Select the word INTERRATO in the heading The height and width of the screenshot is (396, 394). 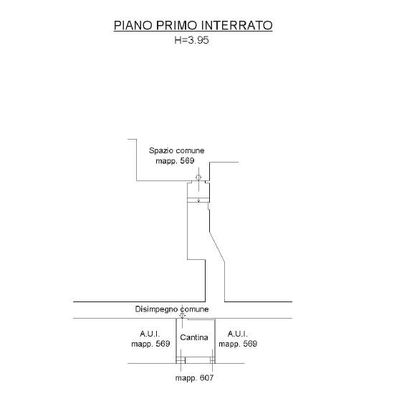(x=237, y=26)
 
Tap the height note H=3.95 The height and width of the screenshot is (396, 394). (x=191, y=40)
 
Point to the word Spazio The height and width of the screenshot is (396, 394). (x=160, y=151)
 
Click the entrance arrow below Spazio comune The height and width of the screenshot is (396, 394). (x=198, y=178)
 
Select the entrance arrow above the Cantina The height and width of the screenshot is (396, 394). (x=182, y=315)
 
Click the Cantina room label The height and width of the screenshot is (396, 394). (x=194, y=337)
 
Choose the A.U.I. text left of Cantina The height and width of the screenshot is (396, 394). (x=150, y=334)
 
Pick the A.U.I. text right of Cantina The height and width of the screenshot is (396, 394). (x=238, y=334)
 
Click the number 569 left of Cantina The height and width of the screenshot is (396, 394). (x=163, y=344)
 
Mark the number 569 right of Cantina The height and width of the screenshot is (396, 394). (x=250, y=344)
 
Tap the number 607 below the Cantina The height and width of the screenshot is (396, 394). (x=206, y=378)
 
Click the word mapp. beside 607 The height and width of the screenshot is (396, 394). (x=186, y=378)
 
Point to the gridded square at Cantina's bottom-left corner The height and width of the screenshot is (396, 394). (x=181, y=360)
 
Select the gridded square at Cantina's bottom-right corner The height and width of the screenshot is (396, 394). (x=213, y=360)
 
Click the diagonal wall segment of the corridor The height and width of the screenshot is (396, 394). (x=217, y=246)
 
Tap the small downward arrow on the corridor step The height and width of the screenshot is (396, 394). (x=198, y=200)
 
